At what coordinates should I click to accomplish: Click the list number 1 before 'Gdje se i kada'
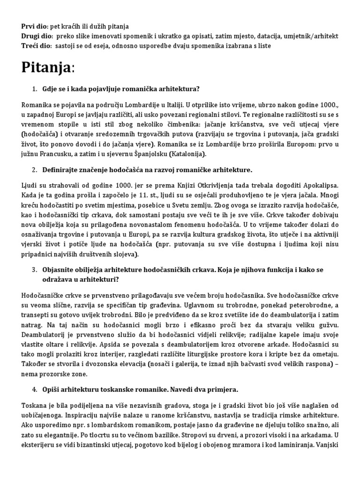coord(34,89)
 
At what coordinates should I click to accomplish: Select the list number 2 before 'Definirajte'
coord(34,169)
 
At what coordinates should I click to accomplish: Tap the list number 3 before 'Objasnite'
coord(34,270)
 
